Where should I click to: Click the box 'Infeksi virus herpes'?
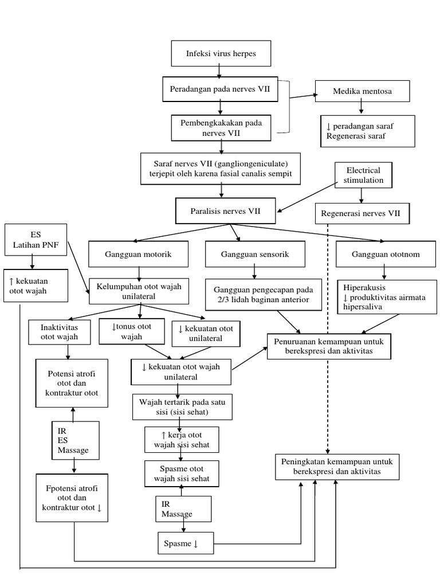click(221, 53)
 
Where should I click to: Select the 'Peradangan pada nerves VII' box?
click(221, 89)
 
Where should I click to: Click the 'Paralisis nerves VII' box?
click(225, 212)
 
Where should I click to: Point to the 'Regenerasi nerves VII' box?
click(362, 214)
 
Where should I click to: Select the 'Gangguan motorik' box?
click(138, 253)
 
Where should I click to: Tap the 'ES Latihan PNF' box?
click(36, 240)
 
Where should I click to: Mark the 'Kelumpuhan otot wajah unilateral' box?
click(139, 291)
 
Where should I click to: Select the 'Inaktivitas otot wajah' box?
click(60, 332)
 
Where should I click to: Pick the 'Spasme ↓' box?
click(186, 543)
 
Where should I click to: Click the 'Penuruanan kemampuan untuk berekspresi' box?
click(329, 346)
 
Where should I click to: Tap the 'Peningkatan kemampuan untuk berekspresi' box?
click(337, 466)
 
